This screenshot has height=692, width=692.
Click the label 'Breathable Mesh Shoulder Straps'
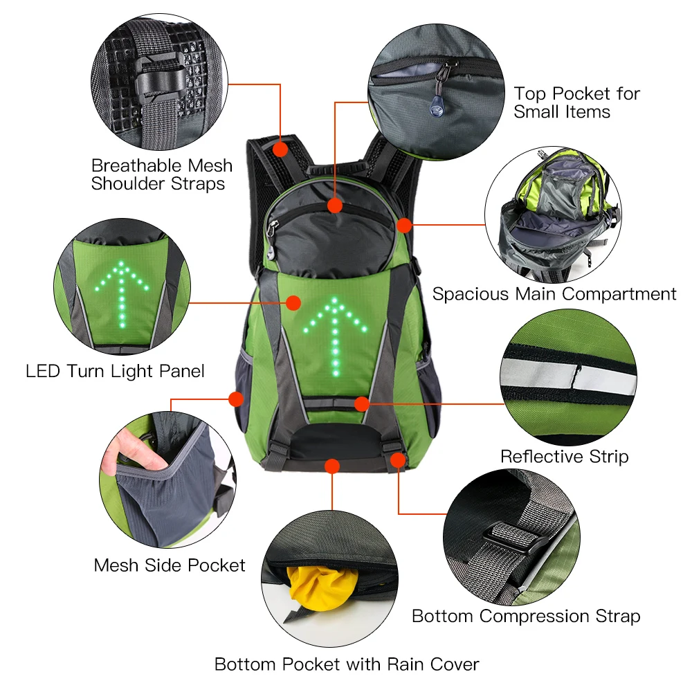click(161, 174)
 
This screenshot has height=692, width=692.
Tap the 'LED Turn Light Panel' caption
click(115, 371)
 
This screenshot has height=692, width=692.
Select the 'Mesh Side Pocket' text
click(170, 565)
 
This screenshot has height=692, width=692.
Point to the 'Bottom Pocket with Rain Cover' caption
click(347, 664)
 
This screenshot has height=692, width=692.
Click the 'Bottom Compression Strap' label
click(526, 616)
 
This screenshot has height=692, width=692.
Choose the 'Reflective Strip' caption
click(565, 456)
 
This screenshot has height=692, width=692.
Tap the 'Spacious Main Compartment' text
click(554, 294)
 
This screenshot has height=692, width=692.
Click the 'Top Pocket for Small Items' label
click(577, 102)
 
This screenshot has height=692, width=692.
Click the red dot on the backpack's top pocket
click(335, 206)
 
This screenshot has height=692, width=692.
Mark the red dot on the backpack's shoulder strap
click(280, 149)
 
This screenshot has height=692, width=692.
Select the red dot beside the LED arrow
click(293, 303)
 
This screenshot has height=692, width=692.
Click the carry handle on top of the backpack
click(338, 168)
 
